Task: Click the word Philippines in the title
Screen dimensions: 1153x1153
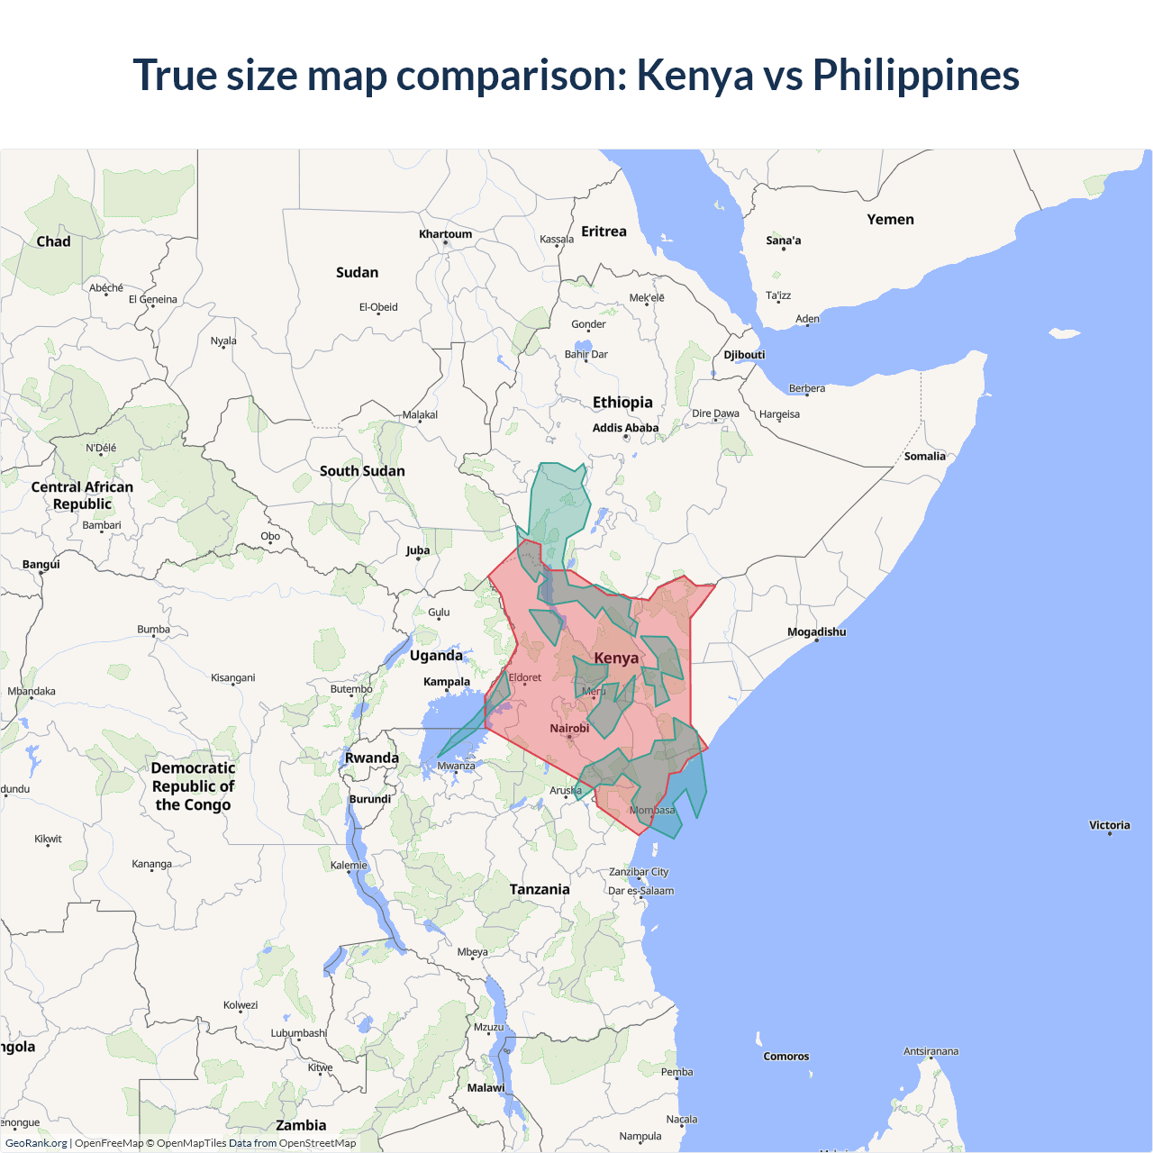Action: click(x=915, y=76)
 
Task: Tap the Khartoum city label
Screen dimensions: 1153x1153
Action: click(x=445, y=234)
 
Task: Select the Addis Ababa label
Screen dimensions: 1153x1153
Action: click(x=625, y=428)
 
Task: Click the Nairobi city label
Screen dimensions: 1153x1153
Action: click(x=569, y=729)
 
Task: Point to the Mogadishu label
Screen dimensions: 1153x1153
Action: click(x=816, y=632)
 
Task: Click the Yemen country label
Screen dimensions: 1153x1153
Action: click(x=890, y=220)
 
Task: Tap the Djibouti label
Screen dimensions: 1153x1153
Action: click(x=744, y=355)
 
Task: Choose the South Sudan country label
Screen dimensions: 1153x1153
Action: click(x=362, y=471)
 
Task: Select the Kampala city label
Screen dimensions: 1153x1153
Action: click(x=447, y=682)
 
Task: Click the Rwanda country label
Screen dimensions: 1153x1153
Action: click(x=371, y=758)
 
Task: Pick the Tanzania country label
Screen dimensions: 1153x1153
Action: click(x=540, y=890)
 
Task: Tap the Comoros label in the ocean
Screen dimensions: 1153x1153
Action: click(x=785, y=1057)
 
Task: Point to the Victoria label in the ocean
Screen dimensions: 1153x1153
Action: click(x=1109, y=825)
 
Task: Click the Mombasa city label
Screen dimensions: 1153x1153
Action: click(x=652, y=811)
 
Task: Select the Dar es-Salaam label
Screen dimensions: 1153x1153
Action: click(x=640, y=891)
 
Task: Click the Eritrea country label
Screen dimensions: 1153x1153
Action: click(x=604, y=232)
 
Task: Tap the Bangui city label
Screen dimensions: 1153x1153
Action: click(x=41, y=565)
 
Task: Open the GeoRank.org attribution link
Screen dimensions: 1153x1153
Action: click(x=36, y=1143)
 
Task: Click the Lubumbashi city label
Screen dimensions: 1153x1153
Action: click(x=298, y=1033)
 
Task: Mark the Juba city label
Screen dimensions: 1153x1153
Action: click(x=418, y=550)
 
